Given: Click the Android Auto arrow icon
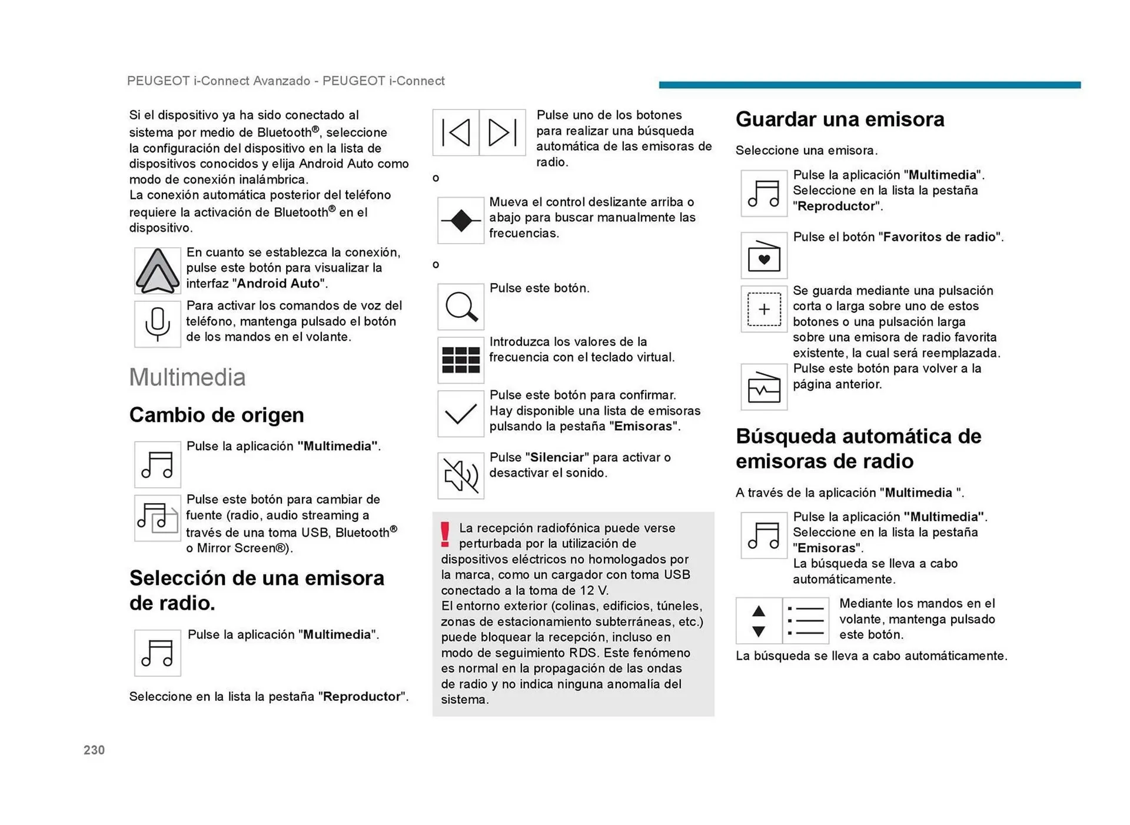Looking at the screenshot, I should [x=157, y=271].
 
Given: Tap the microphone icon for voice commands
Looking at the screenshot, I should [x=157, y=324].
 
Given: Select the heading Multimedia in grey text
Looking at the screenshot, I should [x=187, y=377].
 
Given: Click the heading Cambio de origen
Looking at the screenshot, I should [x=217, y=415].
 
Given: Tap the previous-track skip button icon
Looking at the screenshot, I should [x=456, y=132].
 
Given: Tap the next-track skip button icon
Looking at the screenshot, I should [x=502, y=132].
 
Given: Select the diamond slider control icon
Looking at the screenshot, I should [x=461, y=221].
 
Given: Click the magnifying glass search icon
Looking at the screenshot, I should [x=461, y=307].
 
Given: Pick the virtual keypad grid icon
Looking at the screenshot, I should [x=461, y=360].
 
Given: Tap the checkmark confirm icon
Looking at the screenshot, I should [x=461, y=414].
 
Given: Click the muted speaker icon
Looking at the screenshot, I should [x=461, y=475].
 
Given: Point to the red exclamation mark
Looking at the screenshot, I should [x=446, y=534].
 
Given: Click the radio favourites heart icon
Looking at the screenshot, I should [x=764, y=256].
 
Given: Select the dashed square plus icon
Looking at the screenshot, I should [x=764, y=309].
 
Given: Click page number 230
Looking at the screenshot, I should [x=94, y=750].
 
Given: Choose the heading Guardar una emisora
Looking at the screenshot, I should [x=839, y=119].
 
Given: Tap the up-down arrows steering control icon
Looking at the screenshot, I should [x=759, y=621].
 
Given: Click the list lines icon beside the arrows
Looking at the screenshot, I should [x=806, y=621].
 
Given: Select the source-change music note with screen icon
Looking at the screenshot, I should [x=157, y=518].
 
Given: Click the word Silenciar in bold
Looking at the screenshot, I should [x=557, y=457].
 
